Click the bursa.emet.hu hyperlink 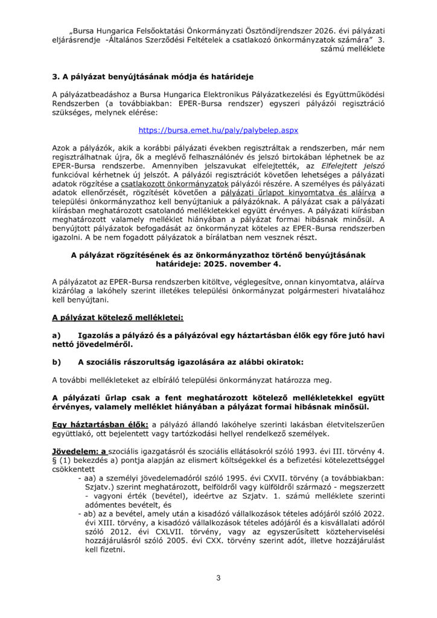tap(218, 130)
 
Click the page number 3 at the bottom tap(218, 578)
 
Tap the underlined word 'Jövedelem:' tap(77, 451)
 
